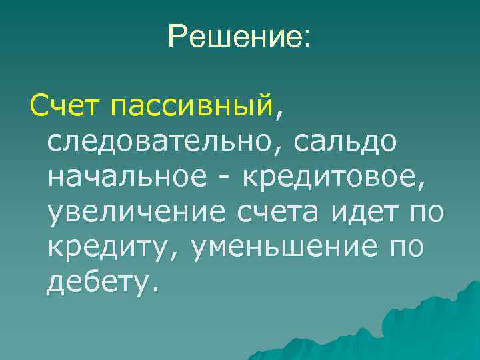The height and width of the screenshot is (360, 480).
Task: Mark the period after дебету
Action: (156, 292)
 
